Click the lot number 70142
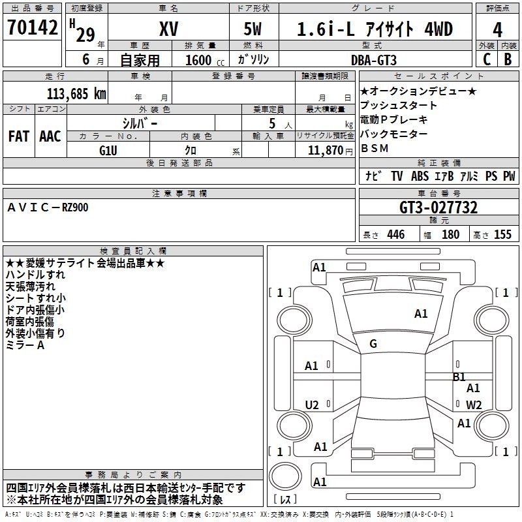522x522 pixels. (32, 27)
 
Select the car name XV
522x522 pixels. (169, 29)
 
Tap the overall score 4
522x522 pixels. (497, 30)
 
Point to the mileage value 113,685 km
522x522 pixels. (76, 94)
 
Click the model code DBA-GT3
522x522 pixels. (374, 60)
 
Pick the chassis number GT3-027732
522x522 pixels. (438, 207)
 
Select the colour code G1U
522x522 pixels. (108, 151)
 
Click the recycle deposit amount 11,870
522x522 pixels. (325, 151)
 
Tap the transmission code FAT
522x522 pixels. (19, 136)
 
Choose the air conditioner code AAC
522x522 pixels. (50, 136)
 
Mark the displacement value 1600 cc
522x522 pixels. (205, 61)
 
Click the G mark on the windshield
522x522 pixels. (373, 344)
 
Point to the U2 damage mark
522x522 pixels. (312, 405)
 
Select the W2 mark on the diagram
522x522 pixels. (474, 405)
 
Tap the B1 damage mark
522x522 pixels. (459, 377)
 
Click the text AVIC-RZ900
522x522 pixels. (48, 207)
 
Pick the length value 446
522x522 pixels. (396, 234)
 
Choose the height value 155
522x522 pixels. (502, 234)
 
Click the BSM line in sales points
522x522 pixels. (375, 148)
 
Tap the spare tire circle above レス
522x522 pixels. (285, 476)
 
